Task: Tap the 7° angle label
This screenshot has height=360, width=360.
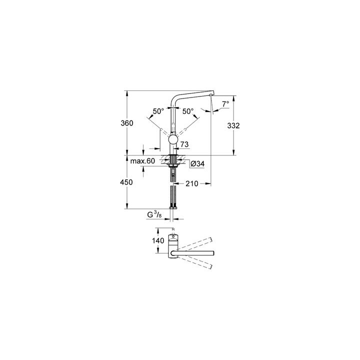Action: tap(224, 104)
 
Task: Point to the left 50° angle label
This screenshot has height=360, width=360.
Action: tap(158, 111)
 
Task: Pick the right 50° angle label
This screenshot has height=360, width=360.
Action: tap(188, 111)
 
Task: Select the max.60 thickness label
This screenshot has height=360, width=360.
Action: tap(142, 161)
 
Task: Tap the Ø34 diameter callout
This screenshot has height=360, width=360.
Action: tap(196, 163)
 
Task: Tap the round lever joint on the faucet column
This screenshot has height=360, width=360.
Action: tap(172, 140)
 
